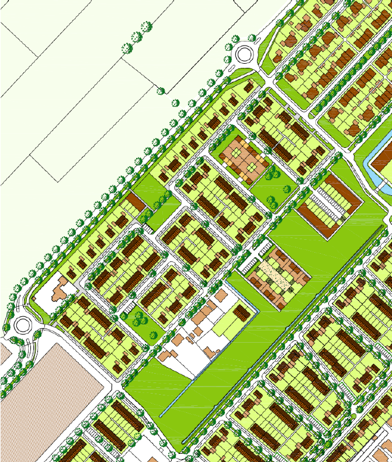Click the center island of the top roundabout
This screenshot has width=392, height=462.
coord(244,56)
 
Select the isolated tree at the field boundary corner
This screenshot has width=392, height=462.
coord(161,89)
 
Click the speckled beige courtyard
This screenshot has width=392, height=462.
coord(275,275)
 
